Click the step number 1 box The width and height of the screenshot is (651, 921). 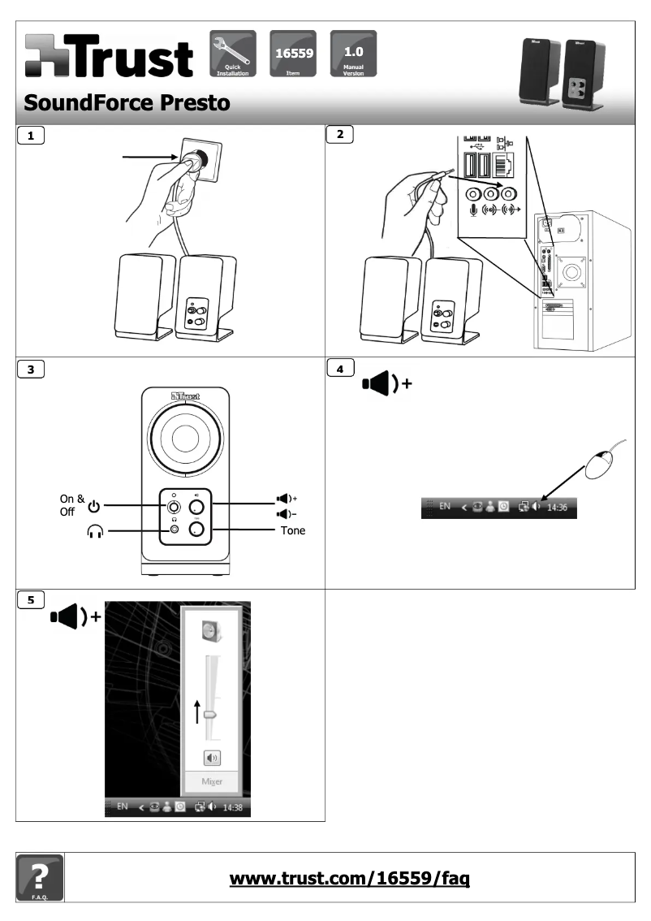click(32, 137)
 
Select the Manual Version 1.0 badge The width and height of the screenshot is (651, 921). click(353, 50)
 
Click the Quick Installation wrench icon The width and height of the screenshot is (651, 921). click(233, 50)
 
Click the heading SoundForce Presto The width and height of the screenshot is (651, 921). click(125, 103)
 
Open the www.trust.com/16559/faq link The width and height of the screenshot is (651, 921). click(350, 878)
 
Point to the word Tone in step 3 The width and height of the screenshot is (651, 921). click(292, 531)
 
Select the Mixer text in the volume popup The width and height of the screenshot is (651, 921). click(213, 783)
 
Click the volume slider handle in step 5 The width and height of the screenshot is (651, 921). click(211, 714)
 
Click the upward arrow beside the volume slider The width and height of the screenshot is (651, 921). click(197, 711)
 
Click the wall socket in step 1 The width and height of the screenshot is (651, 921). click(196, 159)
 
